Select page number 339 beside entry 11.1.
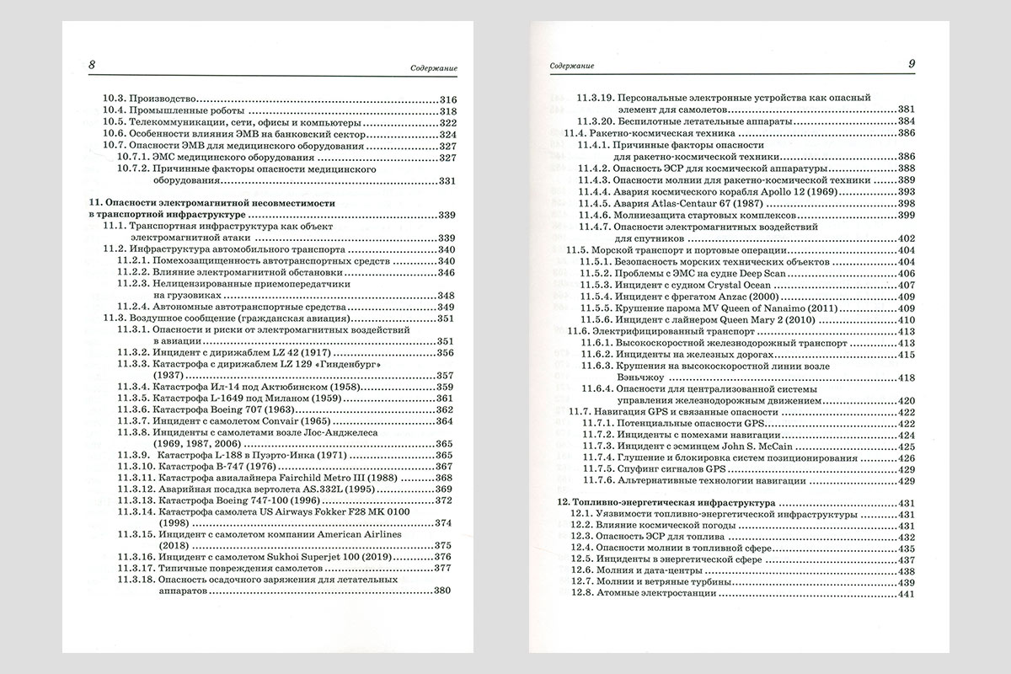[446, 238]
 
